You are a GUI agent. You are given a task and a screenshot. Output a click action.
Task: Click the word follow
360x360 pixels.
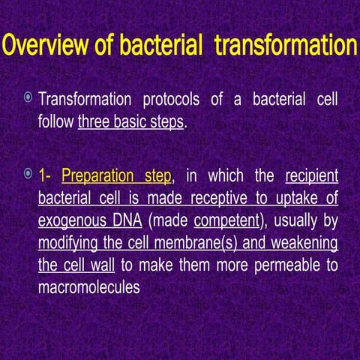coord(57,121)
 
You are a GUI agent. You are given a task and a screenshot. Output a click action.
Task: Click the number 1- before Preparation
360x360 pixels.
coord(46,177)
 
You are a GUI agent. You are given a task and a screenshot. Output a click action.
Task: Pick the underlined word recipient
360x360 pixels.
coord(312,177)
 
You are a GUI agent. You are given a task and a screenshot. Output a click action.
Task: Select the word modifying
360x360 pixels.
coord(72,244)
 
